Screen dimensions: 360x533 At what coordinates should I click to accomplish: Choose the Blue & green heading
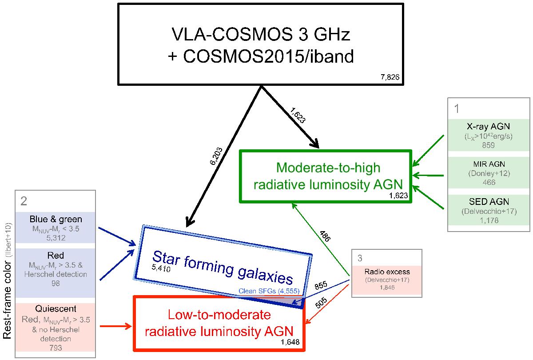pos(56,219)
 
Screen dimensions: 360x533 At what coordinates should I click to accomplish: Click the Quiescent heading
pos(56,309)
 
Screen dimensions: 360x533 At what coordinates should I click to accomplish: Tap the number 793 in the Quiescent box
pos(56,348)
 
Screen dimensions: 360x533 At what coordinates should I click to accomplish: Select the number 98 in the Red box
pos(56,283)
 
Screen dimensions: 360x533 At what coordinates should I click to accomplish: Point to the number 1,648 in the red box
pos(290,342)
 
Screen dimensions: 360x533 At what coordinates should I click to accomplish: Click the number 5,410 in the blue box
pos(161,268)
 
